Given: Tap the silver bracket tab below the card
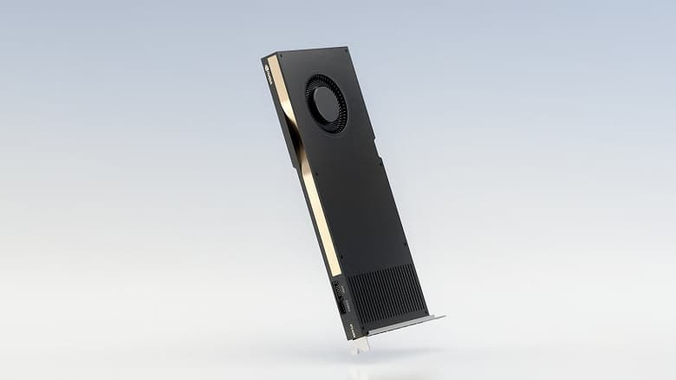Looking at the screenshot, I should pos(359,344).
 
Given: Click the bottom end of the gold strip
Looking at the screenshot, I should pos(338,272).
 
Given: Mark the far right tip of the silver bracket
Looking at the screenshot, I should pos(443,318).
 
